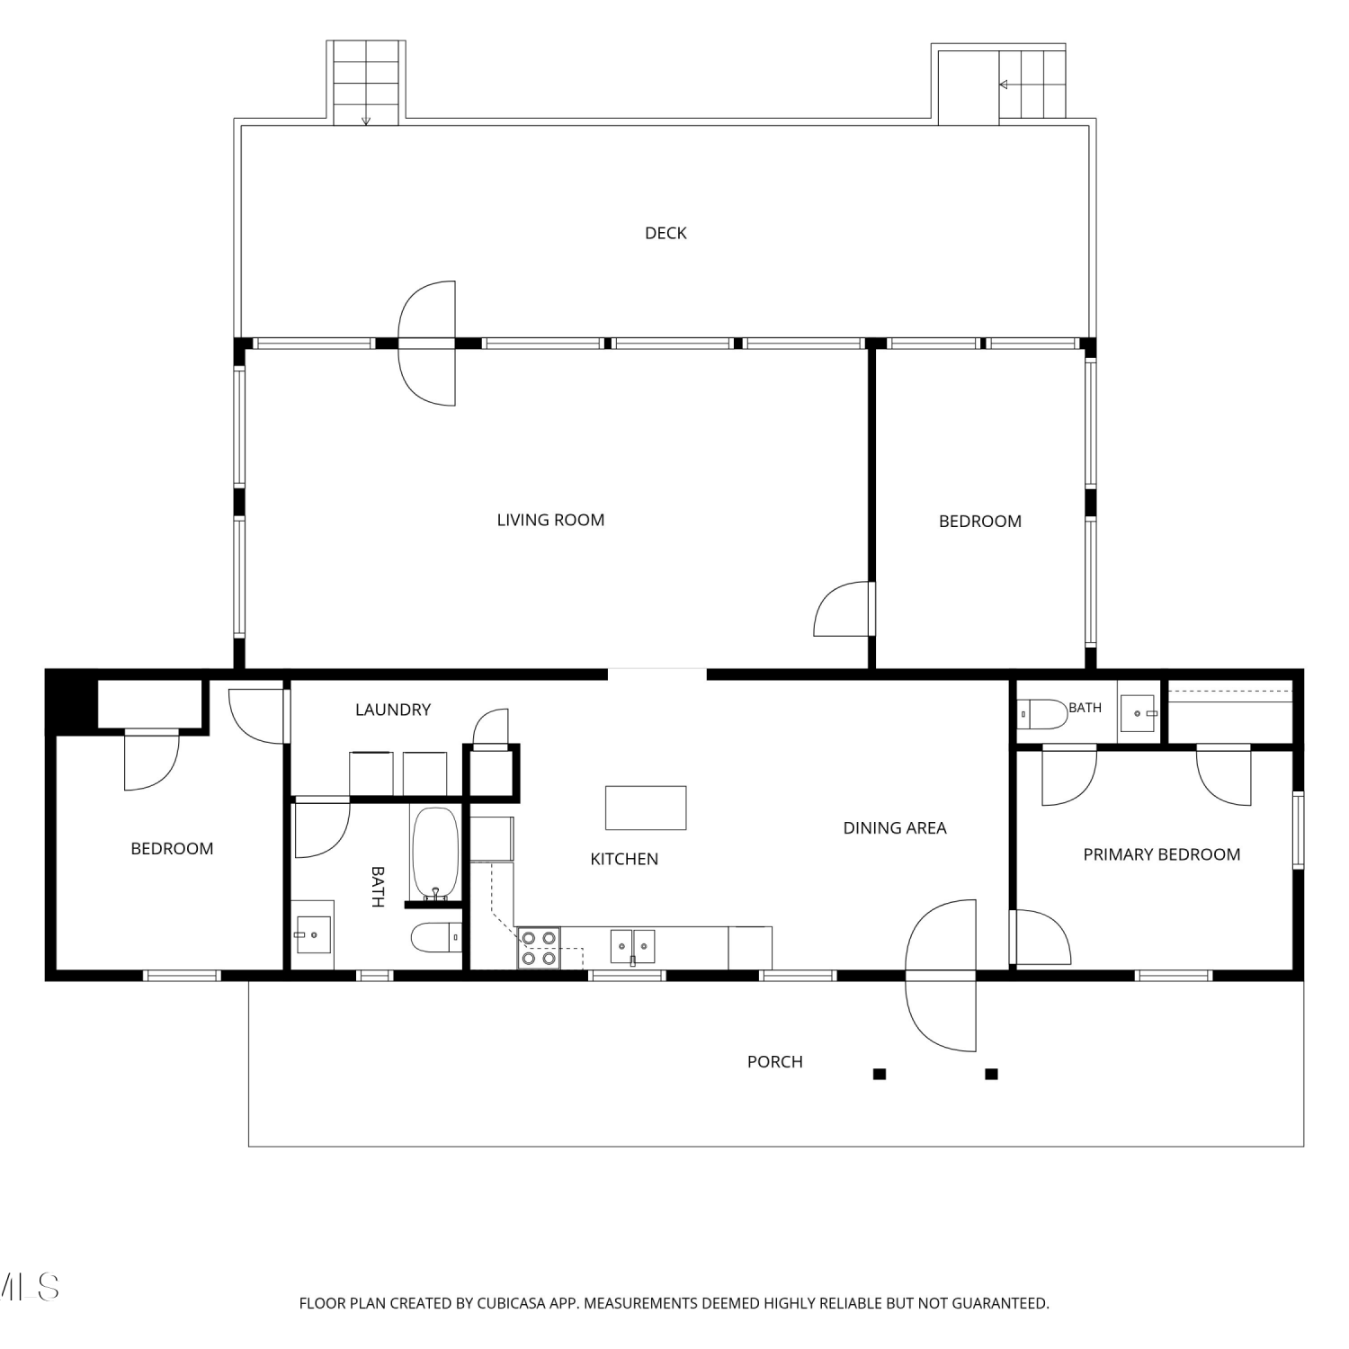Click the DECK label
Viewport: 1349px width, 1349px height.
click(666, 233)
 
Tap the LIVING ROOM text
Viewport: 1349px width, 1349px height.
click(550, 520)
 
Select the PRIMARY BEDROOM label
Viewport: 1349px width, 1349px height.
click(1161, 854)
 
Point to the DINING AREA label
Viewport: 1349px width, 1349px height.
click(894, 828)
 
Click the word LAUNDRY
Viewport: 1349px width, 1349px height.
click(393, 710)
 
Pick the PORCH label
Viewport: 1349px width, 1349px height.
click(774, 1062)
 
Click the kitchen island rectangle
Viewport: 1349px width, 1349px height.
click(646, 808)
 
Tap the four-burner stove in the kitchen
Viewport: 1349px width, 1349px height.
click(538, 948)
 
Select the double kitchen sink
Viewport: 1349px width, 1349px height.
click(632, 947)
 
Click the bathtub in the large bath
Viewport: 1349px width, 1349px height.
click(435, 853)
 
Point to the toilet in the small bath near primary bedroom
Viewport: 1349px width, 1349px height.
click(1042, 714)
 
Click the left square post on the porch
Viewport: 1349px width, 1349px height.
click(880, 1074)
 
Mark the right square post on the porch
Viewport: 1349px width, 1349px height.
click(991, 1074)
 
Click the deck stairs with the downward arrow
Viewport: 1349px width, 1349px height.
click(365, 83)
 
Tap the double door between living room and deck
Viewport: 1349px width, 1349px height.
click(427, 343)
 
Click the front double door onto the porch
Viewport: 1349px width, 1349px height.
click(941, 975)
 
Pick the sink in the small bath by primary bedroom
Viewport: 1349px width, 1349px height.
click(1138, 713)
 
